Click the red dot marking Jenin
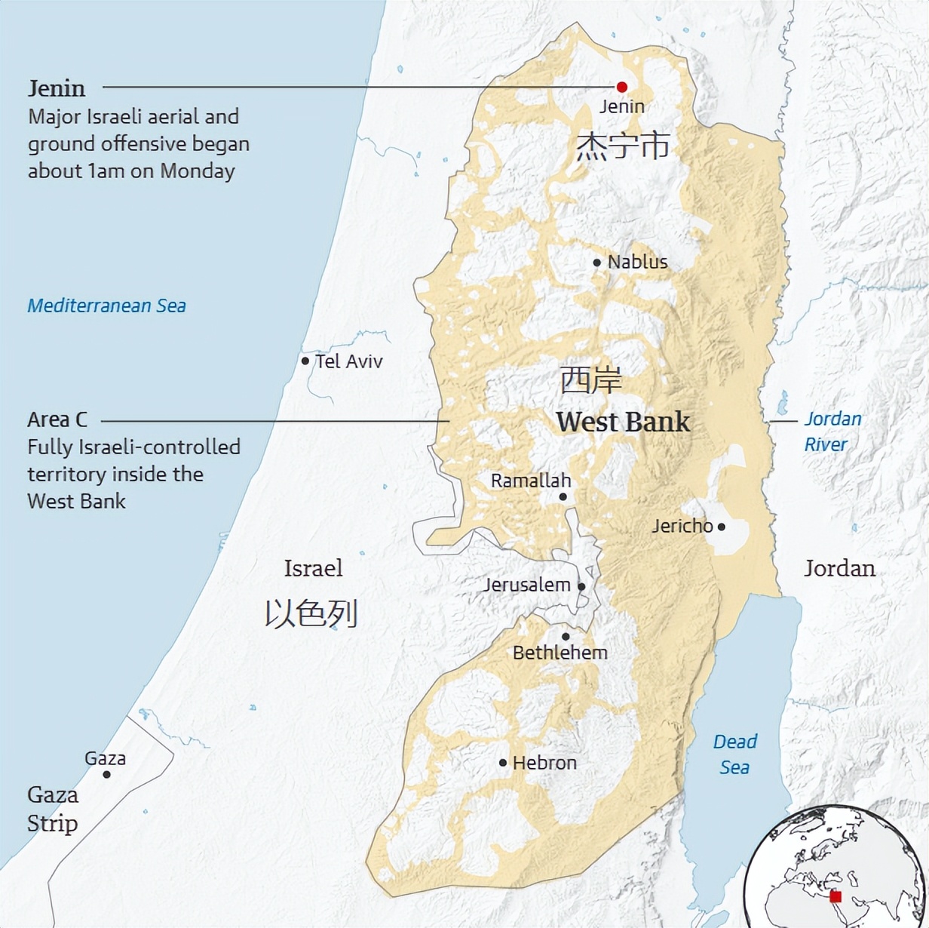622,87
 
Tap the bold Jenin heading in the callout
57,88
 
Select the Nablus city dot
596,263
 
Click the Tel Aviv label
348,361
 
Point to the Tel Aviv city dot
305,361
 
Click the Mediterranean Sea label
106,306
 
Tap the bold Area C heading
57,419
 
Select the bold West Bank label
623,422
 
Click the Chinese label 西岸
590,381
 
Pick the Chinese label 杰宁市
623,146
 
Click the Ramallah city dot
563,496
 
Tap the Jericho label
682,526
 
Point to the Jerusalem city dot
581,586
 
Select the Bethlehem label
560,653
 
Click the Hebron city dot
503,763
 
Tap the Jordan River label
832,432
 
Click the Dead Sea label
734,754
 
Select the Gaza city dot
106,775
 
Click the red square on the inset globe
835,896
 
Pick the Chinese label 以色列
311,614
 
